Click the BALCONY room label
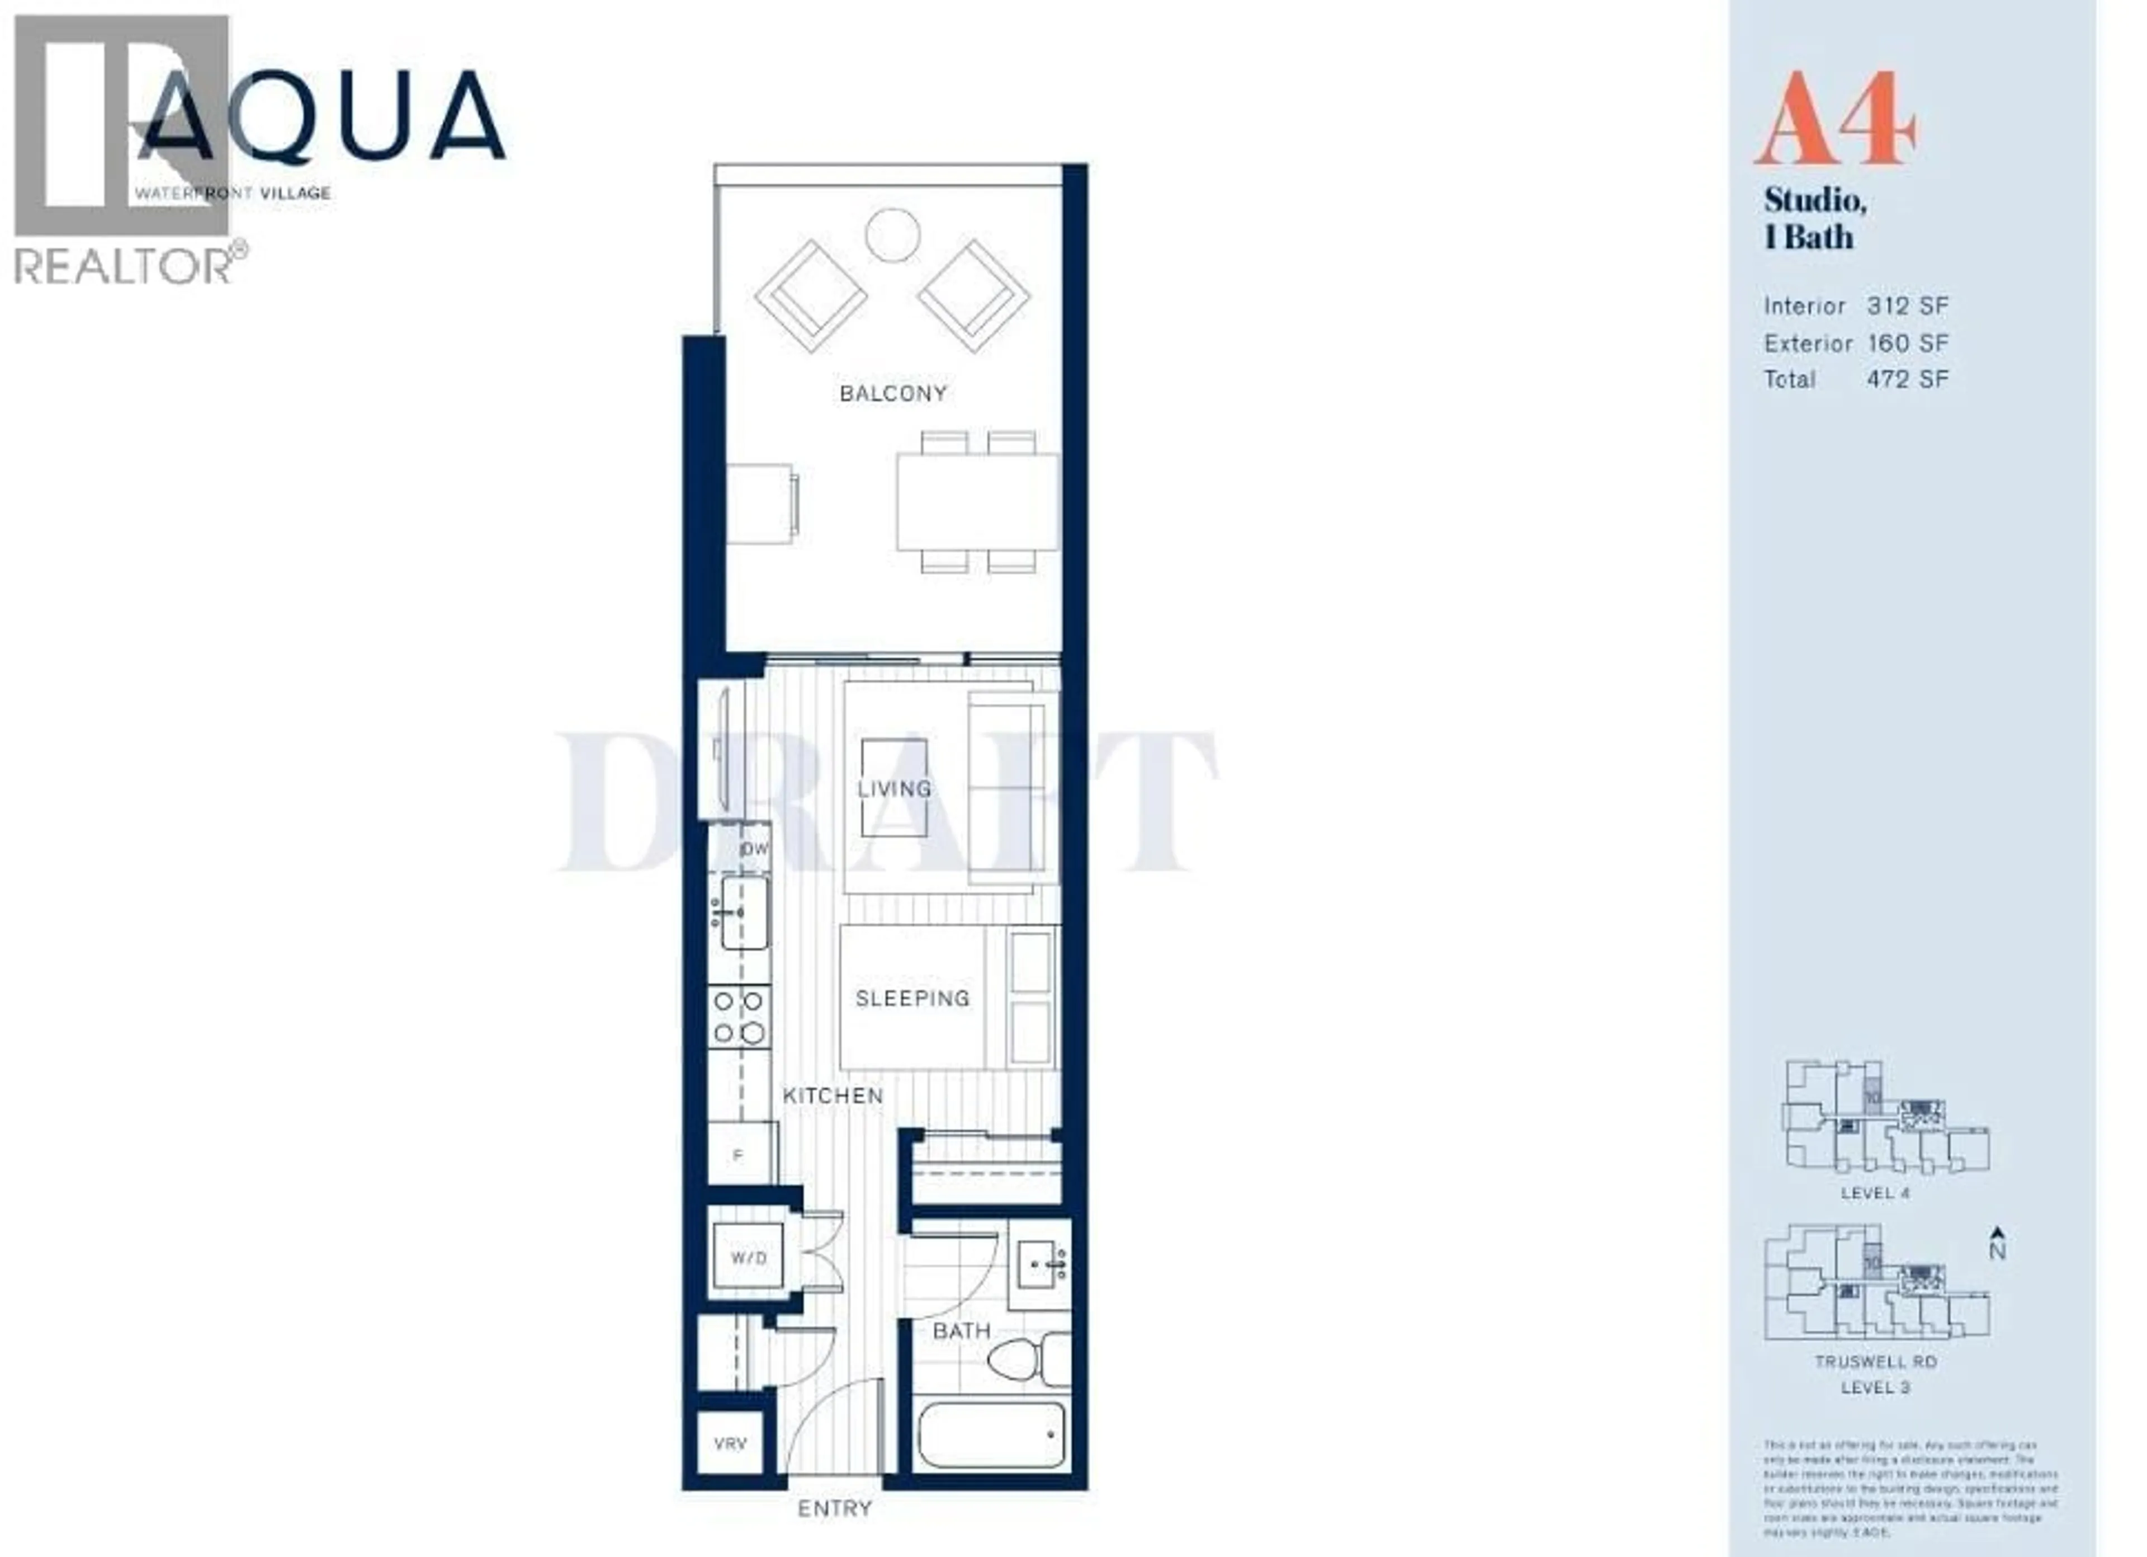[893, 393]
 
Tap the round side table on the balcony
[893, 234]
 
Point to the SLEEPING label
[912, 998]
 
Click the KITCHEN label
[832, 1096]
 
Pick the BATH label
[961, 1330]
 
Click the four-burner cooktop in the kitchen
[739, 1016]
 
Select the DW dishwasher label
[754, 849]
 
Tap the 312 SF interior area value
[1907, 306]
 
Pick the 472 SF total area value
[1907, 379]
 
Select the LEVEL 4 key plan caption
[1875, 1193]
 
